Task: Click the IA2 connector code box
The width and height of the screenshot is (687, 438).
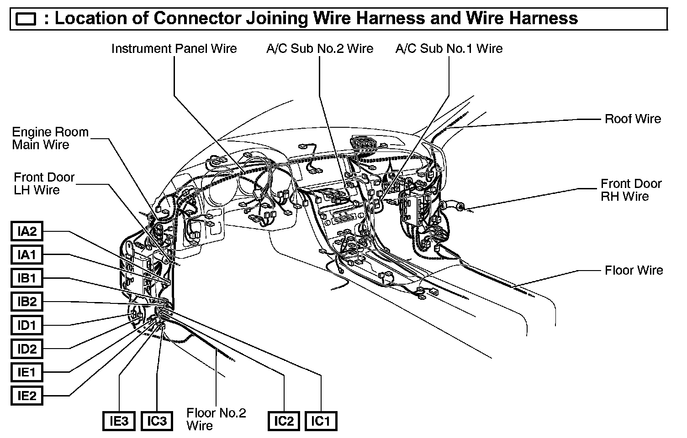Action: (27, 231)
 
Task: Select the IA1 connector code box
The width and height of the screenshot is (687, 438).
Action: (27, 255)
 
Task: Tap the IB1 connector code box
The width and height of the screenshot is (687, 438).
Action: (27, 278)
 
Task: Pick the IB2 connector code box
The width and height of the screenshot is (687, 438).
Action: (27, 302)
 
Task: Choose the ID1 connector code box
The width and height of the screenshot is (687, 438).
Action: (27, 325)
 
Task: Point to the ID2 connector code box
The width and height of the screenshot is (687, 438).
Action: (27, 349)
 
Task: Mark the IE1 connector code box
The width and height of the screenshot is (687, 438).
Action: (27, 372)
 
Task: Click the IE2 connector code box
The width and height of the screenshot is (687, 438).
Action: (27, 396)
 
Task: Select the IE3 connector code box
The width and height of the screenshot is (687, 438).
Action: (119, 421)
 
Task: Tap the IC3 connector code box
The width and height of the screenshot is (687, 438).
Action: (157, 421)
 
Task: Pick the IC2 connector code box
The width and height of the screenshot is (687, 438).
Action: (284, 421)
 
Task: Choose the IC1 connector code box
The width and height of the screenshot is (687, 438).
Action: (321, 421)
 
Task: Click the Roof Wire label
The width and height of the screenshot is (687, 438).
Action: (633, 119)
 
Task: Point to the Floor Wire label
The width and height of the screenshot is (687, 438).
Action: (634, 270)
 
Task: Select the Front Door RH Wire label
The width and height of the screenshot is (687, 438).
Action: (631, 190)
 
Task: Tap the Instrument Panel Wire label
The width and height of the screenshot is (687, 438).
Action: (174, 49)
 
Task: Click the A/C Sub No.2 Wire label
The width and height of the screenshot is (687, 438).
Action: (320, 49)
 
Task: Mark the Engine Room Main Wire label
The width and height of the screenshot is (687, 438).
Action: (50, 138)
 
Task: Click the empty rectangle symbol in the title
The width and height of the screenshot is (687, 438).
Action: (26, 19)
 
